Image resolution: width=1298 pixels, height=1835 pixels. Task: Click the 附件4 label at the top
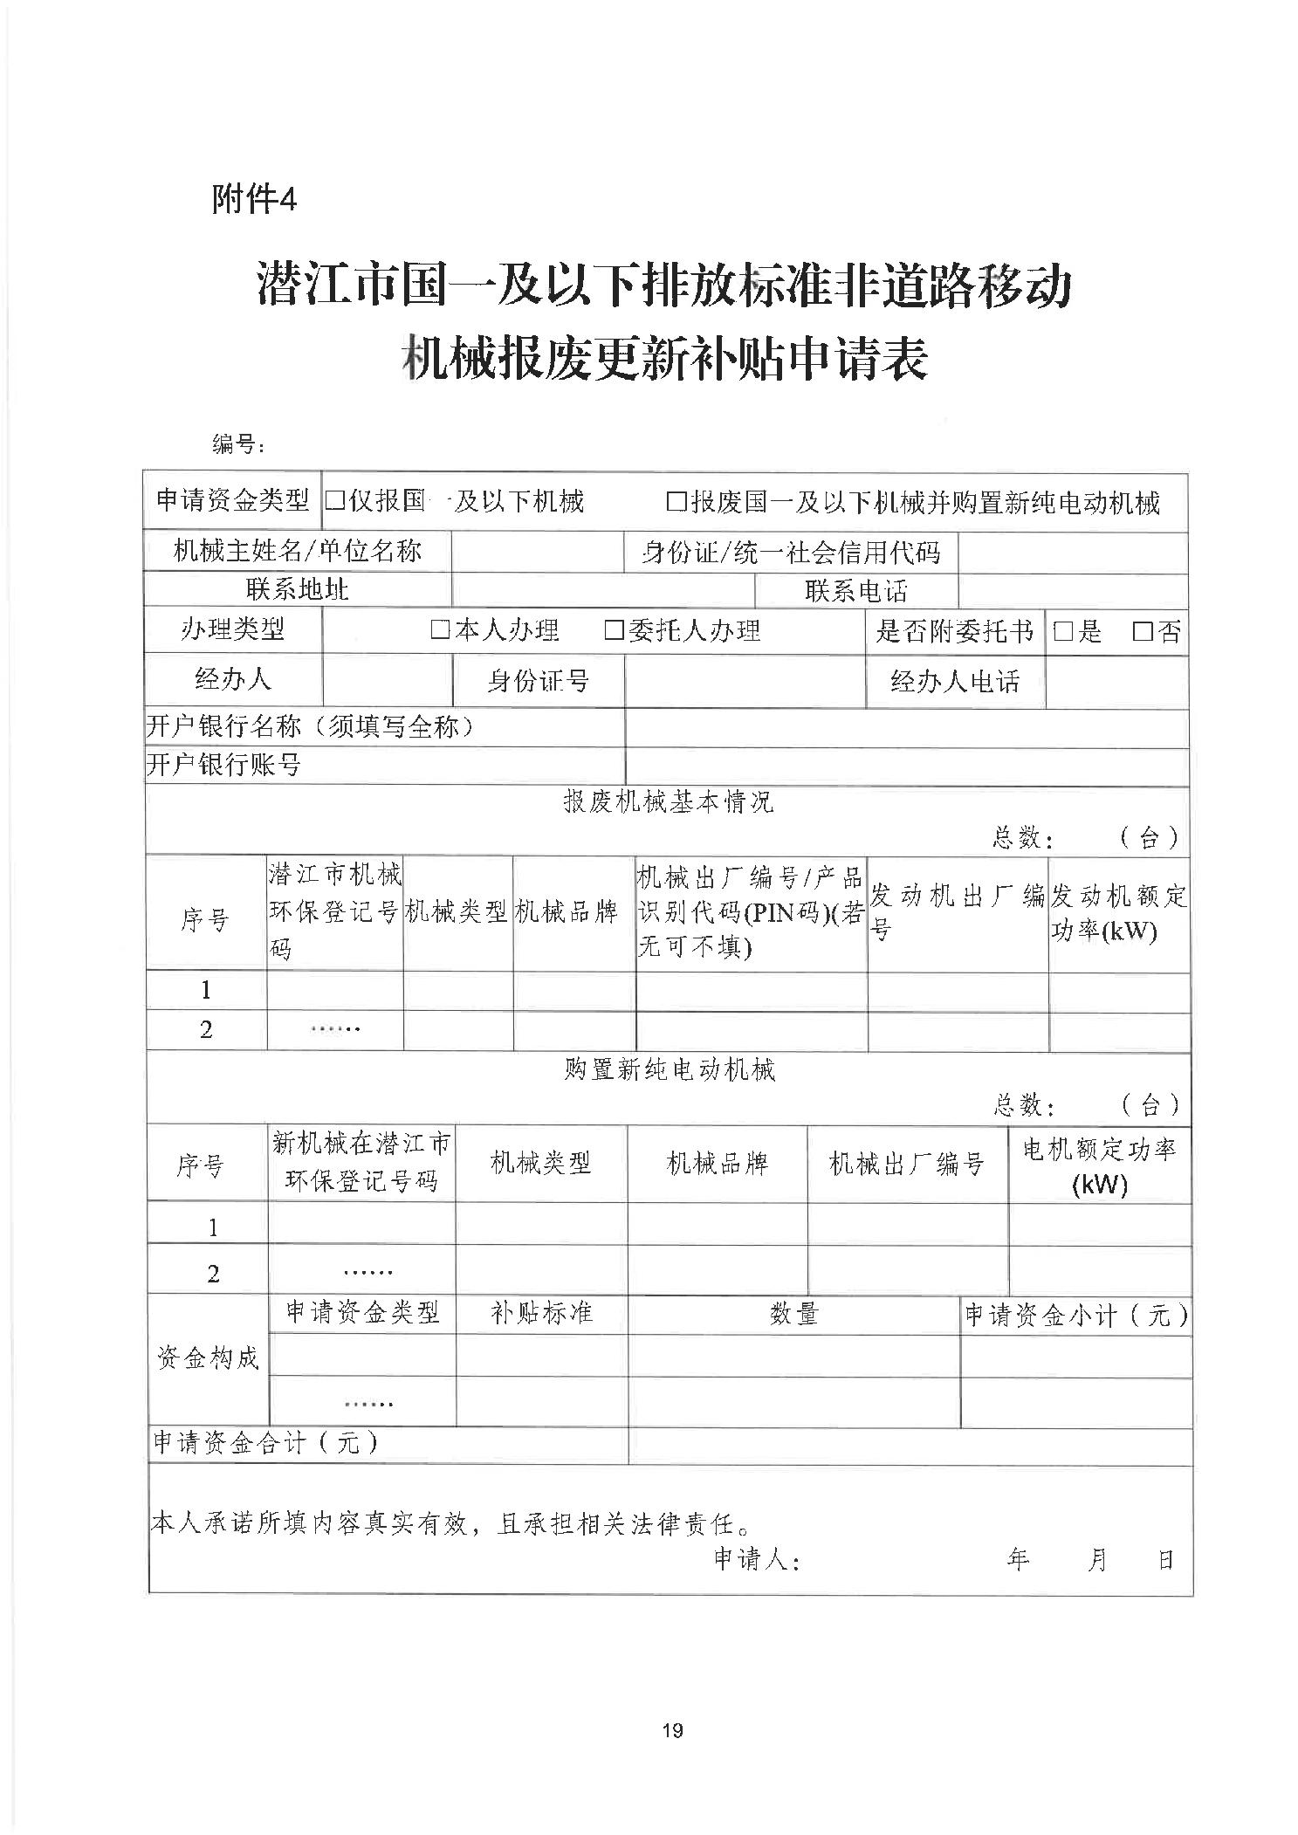coord(254,201)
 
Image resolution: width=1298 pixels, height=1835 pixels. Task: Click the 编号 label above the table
coord(237,444)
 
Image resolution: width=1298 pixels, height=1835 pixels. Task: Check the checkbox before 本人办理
coord(439,630)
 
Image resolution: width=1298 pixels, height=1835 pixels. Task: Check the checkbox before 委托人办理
coord(614,630)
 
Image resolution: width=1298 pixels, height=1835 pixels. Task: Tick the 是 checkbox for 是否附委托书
coord(1062,631)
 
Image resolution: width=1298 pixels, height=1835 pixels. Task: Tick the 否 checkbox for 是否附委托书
coord(1141,631)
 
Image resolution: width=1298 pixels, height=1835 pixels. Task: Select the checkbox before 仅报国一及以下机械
coord(334,501)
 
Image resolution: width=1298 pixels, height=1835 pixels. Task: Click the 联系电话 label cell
coord(855,591)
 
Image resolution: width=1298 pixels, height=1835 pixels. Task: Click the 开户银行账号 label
coord(224,766)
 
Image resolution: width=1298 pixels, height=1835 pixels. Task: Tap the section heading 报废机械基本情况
coord(668,801)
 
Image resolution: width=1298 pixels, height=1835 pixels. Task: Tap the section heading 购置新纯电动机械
coord(670,1069)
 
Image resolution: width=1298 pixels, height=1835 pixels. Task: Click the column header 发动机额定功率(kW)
coord(1118,913)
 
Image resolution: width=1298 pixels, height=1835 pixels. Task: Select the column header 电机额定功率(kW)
coord(1099,1165)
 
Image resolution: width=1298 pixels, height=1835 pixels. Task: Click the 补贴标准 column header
coord(541,1313)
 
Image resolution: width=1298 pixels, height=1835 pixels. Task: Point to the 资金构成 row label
coord(208,1357)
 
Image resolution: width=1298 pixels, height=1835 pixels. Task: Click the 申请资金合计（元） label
coord(265,1443)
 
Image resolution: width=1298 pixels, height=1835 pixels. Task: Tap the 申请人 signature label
coord(757,1560)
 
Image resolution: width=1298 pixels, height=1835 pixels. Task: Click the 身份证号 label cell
coord(538,681)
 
